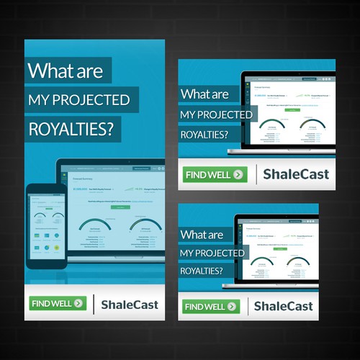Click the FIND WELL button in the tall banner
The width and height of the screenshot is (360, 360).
tap(58, 303)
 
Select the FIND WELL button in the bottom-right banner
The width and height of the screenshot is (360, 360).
tap(211, 306)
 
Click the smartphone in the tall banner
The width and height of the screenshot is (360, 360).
tap(46, 225)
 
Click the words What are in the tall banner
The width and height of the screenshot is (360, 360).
tap(66, 71)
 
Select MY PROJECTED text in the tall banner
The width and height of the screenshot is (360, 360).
tap(78, 99)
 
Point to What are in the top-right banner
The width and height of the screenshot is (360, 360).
tap(204, 94)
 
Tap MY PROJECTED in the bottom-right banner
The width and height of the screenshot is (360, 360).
tap(213, 253)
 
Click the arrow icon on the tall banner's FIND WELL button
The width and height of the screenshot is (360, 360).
tap(78, 303)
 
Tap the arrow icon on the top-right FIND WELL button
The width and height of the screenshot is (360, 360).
tap(240, 174)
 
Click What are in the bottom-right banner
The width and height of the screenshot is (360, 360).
tap(201, 235)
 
